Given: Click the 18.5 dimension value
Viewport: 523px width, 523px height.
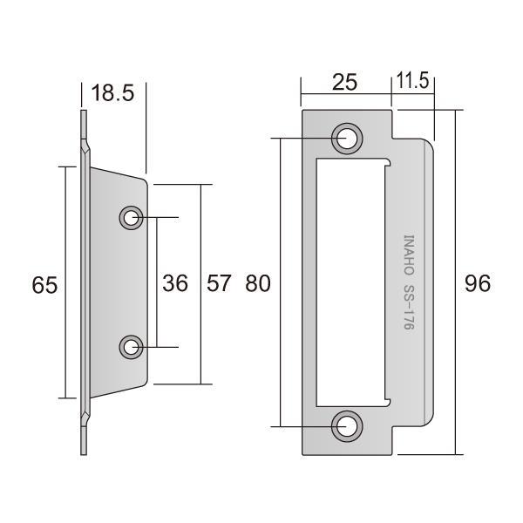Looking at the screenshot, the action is pos(112,92).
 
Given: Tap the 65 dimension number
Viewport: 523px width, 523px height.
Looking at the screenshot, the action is pos(44,285).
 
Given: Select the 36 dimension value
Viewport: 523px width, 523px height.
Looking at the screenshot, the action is pos(175,283).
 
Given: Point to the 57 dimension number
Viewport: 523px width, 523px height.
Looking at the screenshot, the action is pos(219,283).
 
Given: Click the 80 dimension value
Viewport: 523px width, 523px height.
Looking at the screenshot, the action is pos(257,283).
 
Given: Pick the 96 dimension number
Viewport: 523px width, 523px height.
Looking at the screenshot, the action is pos(478,283).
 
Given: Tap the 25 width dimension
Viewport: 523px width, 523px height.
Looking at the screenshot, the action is pos(344,82).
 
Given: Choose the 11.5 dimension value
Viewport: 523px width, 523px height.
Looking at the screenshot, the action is pos(412,81).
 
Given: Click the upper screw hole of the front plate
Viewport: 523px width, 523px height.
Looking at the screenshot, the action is pos(347,139).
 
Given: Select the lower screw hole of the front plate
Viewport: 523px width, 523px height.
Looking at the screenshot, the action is pos(347,426).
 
